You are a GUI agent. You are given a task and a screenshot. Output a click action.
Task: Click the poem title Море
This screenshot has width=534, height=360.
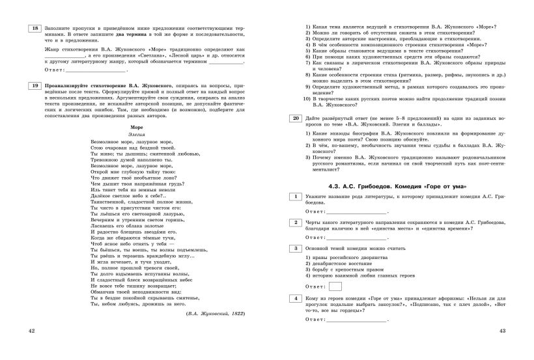pos(137,128)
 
